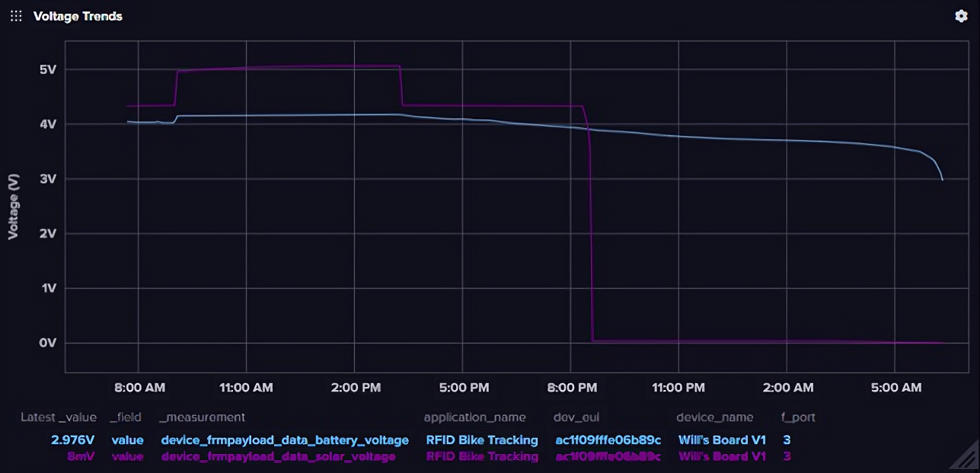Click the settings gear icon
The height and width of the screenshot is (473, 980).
(961, 16)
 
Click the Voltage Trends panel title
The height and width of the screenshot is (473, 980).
(78, 16)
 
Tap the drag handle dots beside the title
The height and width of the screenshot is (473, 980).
(16, 16)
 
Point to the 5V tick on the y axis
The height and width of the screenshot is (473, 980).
(48, 69)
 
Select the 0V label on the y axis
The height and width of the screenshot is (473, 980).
(48, 343)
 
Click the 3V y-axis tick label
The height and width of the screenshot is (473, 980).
(48, 179)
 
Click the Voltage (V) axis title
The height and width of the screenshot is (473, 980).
(13, 206)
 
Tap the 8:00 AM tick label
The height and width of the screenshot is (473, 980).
(139, 388)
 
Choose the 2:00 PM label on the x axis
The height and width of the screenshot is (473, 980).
(355, 388)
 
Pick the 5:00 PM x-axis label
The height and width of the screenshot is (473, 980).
(463, 388)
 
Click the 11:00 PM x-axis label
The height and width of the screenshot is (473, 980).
(678, 388)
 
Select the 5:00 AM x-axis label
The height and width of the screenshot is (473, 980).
(895, 388)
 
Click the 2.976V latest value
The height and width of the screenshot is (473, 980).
(74, 440)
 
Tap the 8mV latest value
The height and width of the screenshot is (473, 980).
(81, 456)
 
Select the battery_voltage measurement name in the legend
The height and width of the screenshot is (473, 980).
(285, 440)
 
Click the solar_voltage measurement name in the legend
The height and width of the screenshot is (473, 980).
(278, 456)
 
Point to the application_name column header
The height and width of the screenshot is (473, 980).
(474, 417)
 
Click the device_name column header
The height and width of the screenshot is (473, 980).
(714, 417)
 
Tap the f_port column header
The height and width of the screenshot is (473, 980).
(799, 417)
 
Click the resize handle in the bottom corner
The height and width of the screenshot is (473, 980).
(963, 458)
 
